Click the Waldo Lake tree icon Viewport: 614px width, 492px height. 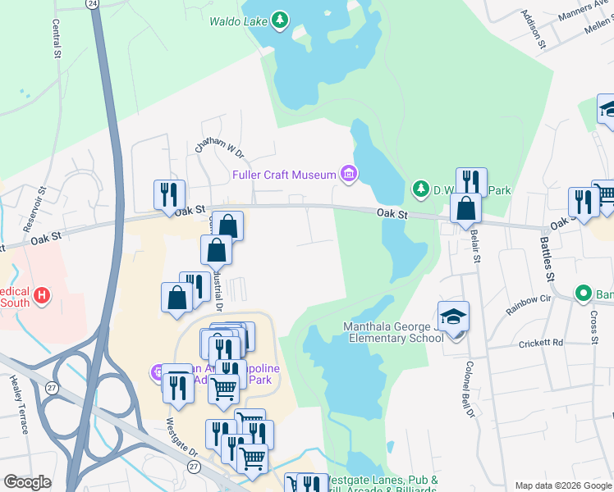pos(280,20)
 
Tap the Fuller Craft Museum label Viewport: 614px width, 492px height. pos(284,175)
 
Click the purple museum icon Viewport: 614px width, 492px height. pos(349,174)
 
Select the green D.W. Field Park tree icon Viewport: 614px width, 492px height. pos(421,190)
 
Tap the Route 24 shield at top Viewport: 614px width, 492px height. pos(92,4)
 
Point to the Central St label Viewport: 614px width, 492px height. pos(57,39)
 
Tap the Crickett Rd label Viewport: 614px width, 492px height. pos(541,343)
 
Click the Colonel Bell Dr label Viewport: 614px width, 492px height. pos(470,389)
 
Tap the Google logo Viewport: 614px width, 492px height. pos(27,482)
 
